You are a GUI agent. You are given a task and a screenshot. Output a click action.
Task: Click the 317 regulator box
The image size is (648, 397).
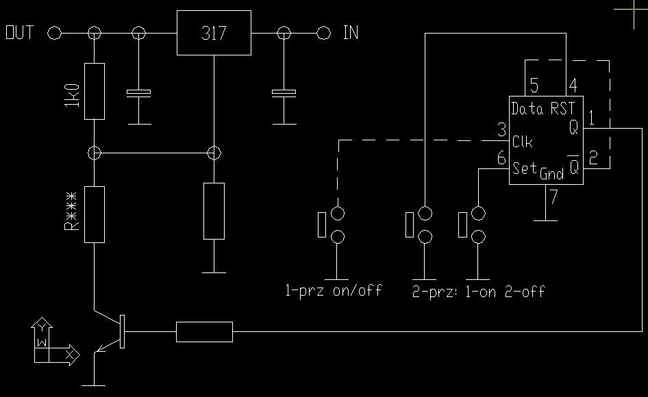click(214, 33)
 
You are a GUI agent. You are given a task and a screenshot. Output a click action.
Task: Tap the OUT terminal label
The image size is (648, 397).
click(20, 33)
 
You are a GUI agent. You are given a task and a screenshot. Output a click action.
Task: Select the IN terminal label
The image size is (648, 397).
click(350, 33)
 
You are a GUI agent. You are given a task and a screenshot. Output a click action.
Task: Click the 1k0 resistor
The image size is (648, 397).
click(95, 91)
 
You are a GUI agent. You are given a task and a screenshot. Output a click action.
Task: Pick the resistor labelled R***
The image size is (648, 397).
click(95, 214)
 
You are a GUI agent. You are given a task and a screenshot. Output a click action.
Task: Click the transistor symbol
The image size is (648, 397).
click(110, 331)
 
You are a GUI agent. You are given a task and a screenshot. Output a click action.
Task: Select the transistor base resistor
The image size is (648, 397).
click(204, 331)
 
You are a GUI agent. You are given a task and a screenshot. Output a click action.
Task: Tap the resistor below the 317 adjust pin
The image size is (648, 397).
click(214, 211)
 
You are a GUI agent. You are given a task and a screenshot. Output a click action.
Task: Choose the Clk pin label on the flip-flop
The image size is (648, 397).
click(523, 142)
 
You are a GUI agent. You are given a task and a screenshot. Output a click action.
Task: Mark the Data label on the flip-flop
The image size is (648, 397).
click(527, 108)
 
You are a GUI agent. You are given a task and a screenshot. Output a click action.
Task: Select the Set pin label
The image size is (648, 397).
click(525, 168)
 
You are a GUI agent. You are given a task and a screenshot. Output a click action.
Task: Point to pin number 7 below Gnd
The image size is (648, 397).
click(553, 198)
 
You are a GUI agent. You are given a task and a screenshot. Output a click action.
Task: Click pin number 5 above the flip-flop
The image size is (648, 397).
click(534, 86)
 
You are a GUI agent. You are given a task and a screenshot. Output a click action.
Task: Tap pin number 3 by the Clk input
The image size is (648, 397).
click(502, 129)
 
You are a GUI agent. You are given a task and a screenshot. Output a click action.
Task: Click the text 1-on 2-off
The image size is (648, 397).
click(505, 292)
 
